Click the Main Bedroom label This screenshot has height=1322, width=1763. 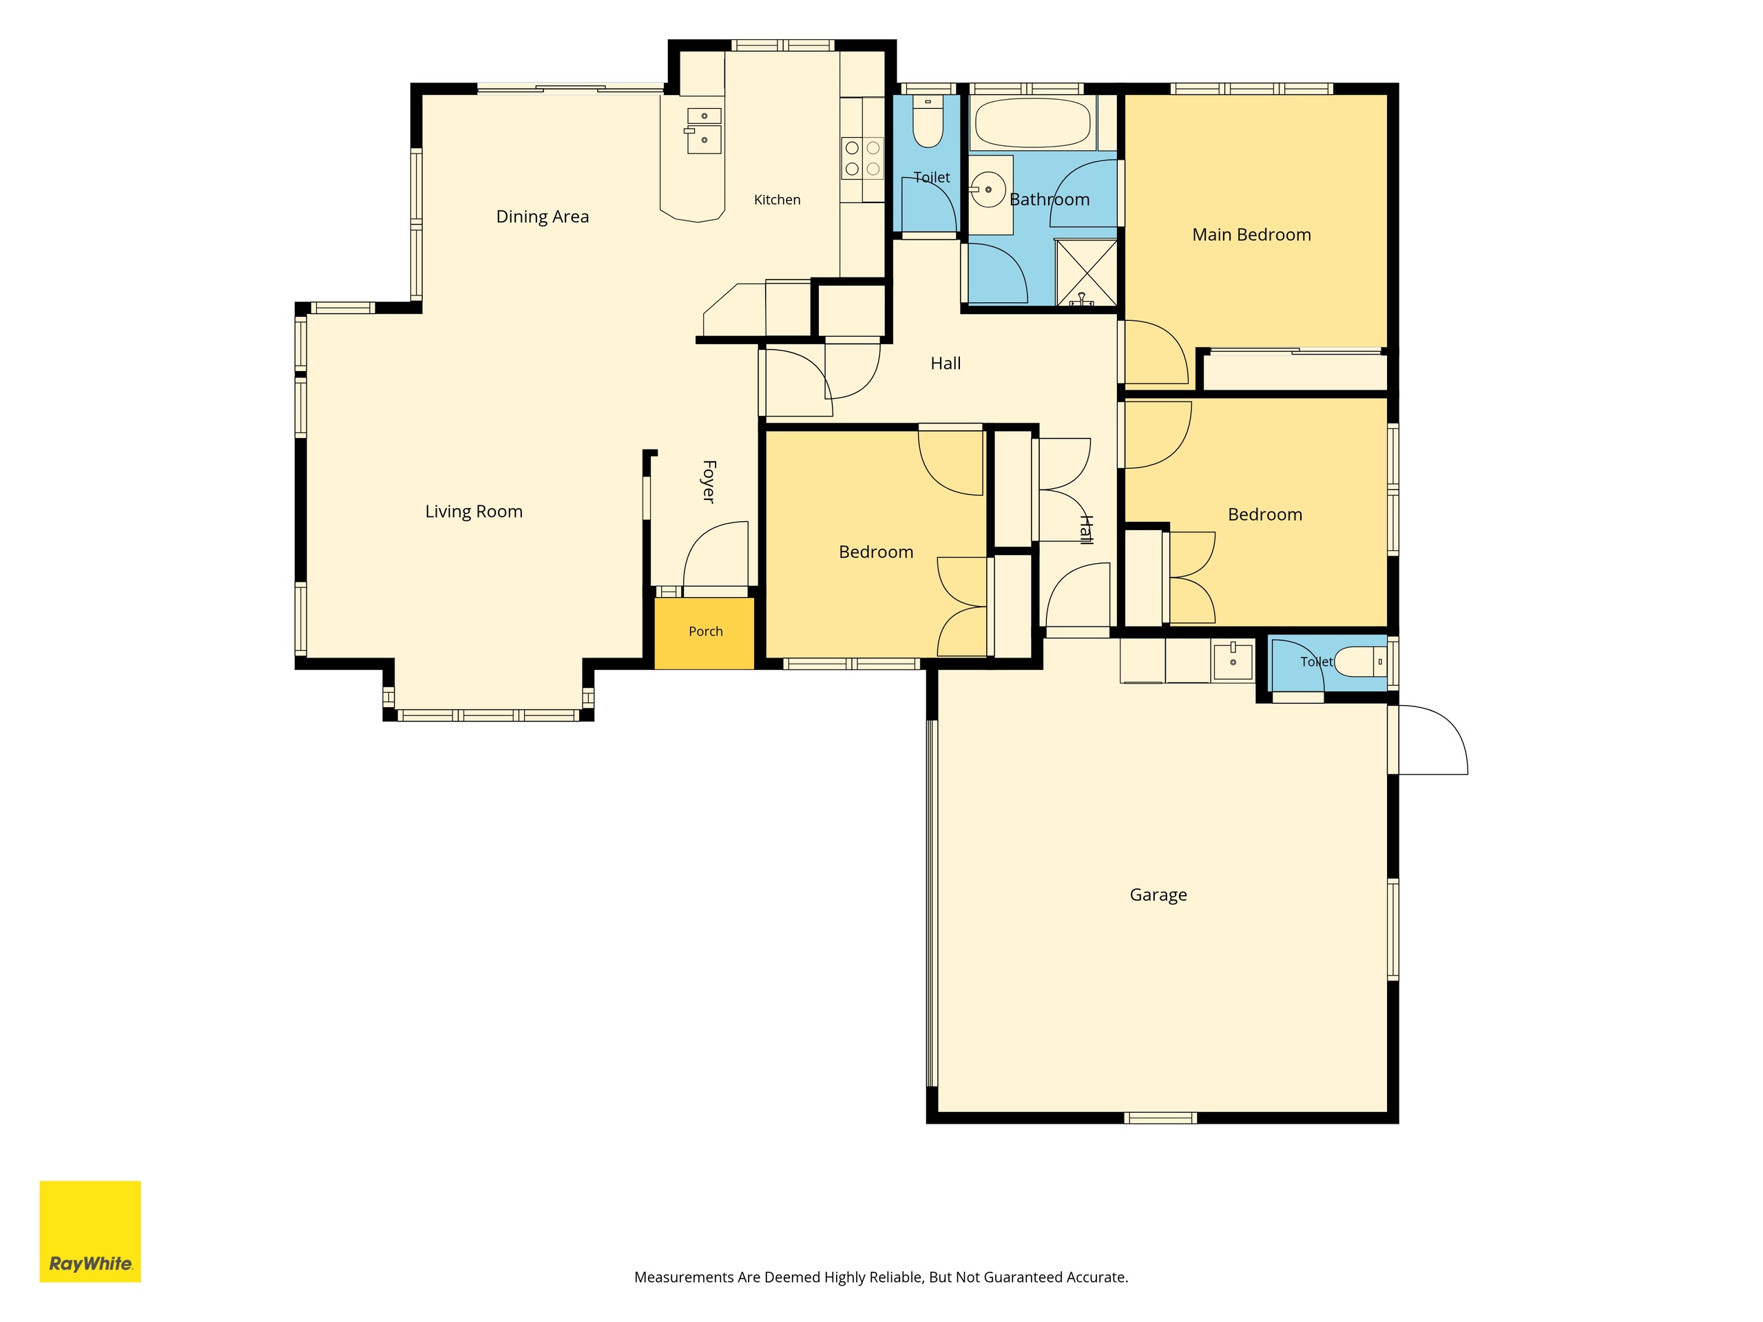click(x=1251, y=235)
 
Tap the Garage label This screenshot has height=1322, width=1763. click(x=1158, y=895)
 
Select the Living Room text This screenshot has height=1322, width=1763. click(x=473, y=512)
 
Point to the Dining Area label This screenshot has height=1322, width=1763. click(x=542, y=217)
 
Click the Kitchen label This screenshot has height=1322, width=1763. click(x=777, y=200)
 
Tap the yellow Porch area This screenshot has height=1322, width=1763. click(x=705, y=633)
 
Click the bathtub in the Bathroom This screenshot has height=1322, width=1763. click(x=1032, y=123)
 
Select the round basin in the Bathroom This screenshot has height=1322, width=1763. click(x=988, y=189)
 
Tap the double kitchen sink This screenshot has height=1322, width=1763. click(x=704, y=131)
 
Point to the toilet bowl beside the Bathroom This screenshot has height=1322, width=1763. click(x=928, y=121)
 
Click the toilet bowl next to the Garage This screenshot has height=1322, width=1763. click(x=1359, y=662)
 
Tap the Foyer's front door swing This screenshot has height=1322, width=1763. click(x=716, y=554)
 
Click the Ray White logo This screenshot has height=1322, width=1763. click(x=90, y=1231)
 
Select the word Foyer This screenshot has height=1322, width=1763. click(x=709, y=481)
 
